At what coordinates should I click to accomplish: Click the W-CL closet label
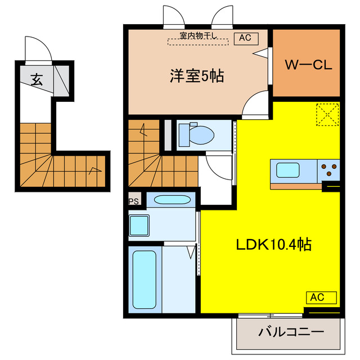pyautogui.click(x=308, y=65)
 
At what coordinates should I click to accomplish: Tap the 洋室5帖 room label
pyautogui.click(x=197, y=75)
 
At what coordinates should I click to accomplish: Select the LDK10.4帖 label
pyautogui.click(x=274, y=245)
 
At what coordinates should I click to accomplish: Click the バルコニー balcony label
pyautogui.click(x=291, y=332)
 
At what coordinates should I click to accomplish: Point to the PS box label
pyautogui.click(x=134, y=201)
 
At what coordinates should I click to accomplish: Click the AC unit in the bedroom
pyautogui.click(x=246, y=39)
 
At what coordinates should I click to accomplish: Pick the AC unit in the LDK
pyautogui.click(x=321, y=298)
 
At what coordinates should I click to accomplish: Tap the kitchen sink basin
pyautogui.click(x=287, y=170)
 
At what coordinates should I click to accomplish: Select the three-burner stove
pyautogui.click(x=328, y=170)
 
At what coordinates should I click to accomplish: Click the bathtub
pyautogui.click(x=145, y=280)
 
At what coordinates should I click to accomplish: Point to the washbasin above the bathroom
pyautogui.click(x=172, y=200)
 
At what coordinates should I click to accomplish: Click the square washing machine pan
pyautogui.click(x=139, y=226)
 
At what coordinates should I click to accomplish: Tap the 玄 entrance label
pyautogui.click(x=37, y=79)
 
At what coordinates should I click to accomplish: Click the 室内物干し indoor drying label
pyautogui.click(x=198, y=35)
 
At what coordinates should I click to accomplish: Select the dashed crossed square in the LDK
pyautogui.click(x=327, y=115)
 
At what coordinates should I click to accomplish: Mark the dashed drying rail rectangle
pyautogui.click(x=198, y=42)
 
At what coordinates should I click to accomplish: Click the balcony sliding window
pyautogui.click(x=270, y=316)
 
